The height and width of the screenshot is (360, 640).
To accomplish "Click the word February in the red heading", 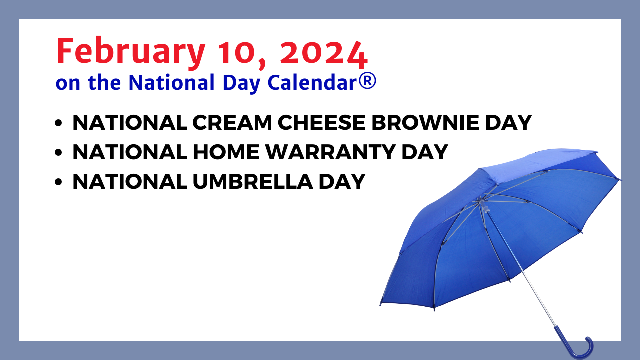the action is click(x=131, y=53).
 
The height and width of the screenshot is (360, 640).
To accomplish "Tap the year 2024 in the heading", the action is click(x=324, y=53).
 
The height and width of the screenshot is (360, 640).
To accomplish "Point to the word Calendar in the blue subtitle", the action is click(x=312, y=82).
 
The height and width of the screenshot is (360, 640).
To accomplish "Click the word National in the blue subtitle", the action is click(x=171, y=82).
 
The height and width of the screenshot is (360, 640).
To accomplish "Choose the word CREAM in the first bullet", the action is click(x=232, y=123).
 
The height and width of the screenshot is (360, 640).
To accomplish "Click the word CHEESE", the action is click(x=321, y=123).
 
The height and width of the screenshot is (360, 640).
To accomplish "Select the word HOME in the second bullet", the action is click(x=226, y=152).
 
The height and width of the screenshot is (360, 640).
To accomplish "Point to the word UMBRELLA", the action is click(x=253, y=181).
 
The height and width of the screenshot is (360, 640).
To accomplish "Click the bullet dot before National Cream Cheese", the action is click(x=58, y=123).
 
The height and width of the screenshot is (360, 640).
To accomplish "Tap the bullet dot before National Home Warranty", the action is click(x=58, y=152).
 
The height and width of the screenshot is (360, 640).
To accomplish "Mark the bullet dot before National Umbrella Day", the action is click(x=58, y=182).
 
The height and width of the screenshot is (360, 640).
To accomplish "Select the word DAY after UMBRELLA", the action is click(x=342, y=181).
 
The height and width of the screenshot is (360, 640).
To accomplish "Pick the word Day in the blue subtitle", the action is click(x=241, y=83).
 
